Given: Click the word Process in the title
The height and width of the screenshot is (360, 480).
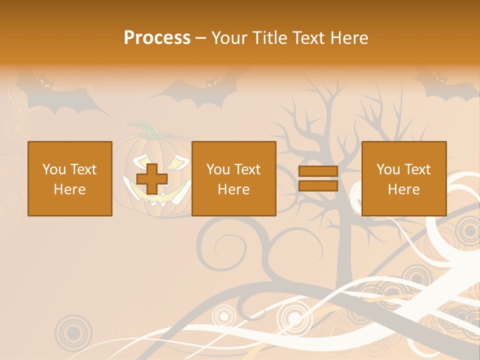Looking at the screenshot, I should coord(157,38).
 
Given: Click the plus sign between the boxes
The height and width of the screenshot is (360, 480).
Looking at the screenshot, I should coord(152,178).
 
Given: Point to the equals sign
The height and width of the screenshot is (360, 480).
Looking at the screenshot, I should coord(318,178).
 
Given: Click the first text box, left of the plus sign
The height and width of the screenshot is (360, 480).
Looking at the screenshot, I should coord(70,178).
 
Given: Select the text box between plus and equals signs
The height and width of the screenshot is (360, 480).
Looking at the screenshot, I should coord(233,178).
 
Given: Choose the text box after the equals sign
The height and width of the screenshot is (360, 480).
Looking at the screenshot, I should coord(404,178).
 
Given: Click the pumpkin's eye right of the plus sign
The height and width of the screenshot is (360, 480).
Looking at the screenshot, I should coord(177,162).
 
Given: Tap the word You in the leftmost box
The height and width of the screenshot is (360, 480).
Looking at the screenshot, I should coord(54,169).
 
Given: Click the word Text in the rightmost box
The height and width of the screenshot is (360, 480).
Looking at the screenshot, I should coord(417,169).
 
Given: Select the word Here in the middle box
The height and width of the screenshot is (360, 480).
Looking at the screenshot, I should coord(233,189).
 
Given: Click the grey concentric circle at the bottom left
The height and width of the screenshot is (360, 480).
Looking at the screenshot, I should coord(73,331).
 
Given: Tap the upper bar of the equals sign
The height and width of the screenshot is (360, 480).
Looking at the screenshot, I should coord(318,171).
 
